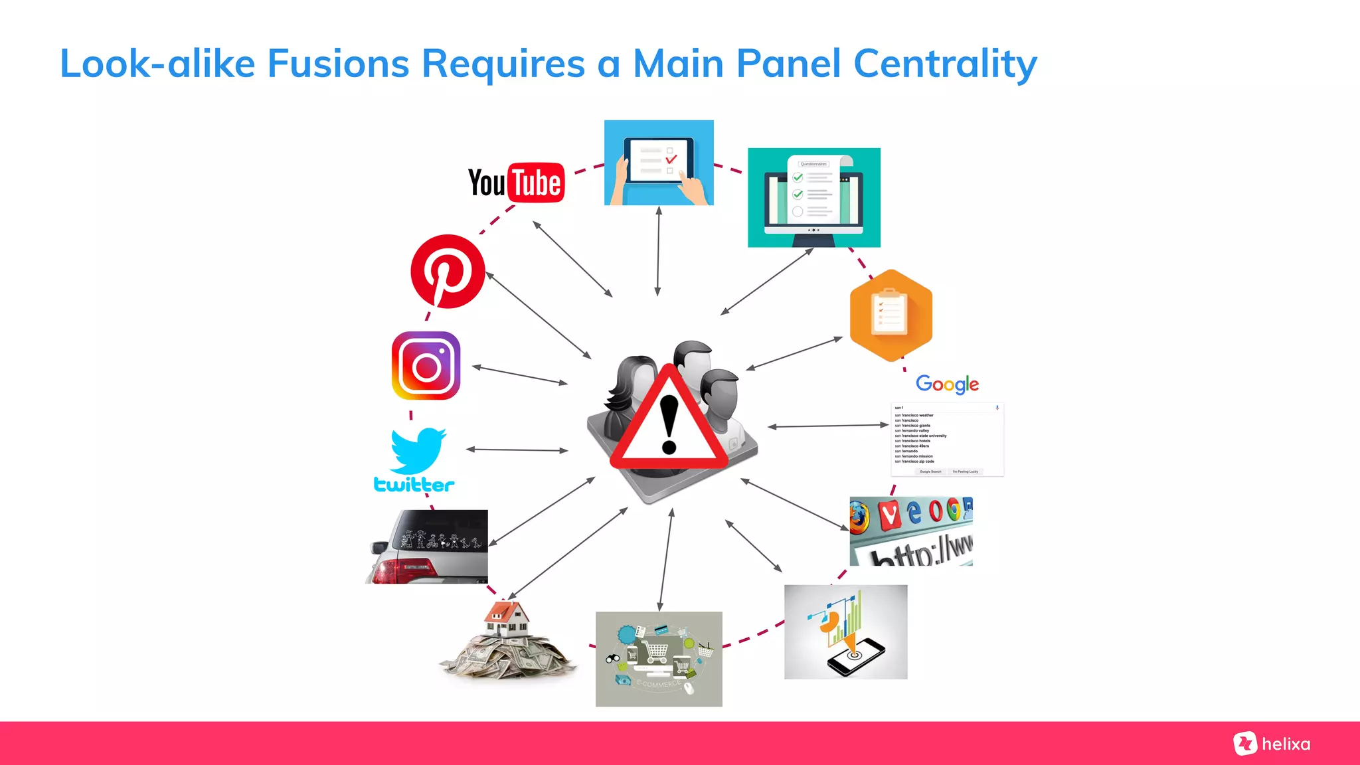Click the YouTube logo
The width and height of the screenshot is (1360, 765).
tap(516, 183)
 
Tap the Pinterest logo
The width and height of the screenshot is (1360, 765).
tap(448, 271)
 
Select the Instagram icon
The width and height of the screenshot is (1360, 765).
tap(426, 366)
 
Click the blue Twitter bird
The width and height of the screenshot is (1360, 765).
tap(418, 450)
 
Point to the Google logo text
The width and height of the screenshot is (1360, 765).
tap(947, 384)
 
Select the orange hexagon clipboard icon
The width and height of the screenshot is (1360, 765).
tap(891, 315)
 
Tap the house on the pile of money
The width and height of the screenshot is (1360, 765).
tap(507, 619)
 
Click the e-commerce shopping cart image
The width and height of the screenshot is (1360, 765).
tap(659, 659)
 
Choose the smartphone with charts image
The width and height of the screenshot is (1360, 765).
tap(845, 632)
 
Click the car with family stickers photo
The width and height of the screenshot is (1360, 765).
tap(427, 547)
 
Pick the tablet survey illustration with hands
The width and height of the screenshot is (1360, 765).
tap(659, 163)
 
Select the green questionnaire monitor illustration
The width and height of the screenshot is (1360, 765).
tap(814, 198)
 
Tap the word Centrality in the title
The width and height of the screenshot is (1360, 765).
tap(944, 64)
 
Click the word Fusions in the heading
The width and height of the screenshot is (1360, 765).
tap(338, 64)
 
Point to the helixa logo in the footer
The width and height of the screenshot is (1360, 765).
tap(1272, 744)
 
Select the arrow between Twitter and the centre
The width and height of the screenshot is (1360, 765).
tap(517, 450)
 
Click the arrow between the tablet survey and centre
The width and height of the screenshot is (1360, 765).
tap(658, 251)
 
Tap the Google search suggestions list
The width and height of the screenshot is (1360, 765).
tap(947, 439)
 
